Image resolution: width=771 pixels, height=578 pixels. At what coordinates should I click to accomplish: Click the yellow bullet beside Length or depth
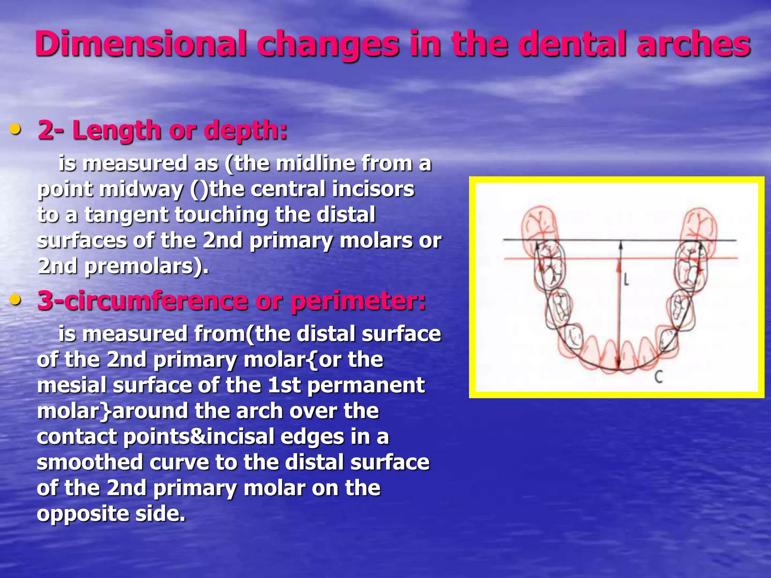click(x=15, y=129)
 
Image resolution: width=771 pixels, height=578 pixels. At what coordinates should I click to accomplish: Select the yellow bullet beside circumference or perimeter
click(x=15, y=300)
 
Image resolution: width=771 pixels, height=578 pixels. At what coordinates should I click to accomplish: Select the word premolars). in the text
click(x=146, y=266)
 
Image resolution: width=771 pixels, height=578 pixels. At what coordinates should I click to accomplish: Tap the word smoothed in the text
click(x=90, y=462)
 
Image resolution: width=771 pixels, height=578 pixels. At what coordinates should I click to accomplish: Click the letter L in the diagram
click(x=626, y=280)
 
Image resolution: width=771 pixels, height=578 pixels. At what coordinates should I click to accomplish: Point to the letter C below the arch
click(x=658, y=377)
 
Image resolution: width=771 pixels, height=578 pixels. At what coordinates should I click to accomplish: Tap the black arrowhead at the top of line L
click(x=621, y=245)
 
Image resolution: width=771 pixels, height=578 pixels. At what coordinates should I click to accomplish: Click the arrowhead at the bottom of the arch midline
click(x=618, y=364)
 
